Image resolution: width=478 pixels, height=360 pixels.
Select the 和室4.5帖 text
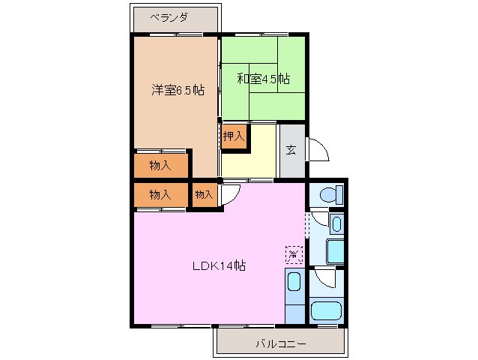pyautogui.click(x=263, y=79)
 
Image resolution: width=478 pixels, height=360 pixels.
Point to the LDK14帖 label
pyautogui.click(x=219, y=265)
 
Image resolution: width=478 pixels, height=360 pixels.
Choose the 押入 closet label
pyautogui.click(x=233, y=136)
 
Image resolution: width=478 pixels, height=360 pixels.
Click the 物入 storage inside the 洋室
pyautogui.click(x=160, y=165)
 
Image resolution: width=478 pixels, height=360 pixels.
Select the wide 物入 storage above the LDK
pyautogui.click(x=160, y=194)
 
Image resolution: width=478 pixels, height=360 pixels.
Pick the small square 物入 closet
pyautogui.click(x=204, y=195)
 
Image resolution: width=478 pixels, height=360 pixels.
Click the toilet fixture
pyautogui.click(x=328, y=195)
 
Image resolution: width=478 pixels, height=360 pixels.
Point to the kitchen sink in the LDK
pyautogui.click(x=294, y=283)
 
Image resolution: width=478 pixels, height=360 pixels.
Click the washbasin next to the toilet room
pyautogui.click(x=336, y=224)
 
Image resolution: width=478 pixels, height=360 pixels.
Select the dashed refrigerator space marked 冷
pyautogui.click(x=294, y=255)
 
